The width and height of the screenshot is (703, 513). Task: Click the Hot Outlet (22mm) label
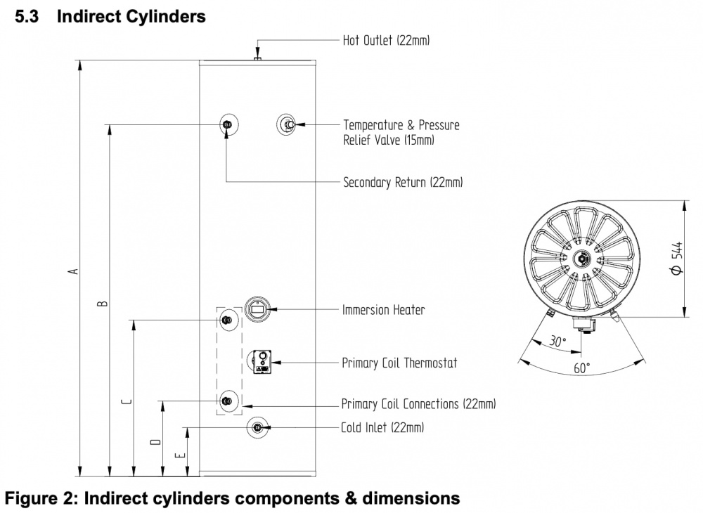click(x=386, y=40)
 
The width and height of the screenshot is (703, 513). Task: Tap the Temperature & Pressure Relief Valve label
click(x=401, y=132)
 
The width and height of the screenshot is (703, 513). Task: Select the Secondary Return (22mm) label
click(x=402, y=183)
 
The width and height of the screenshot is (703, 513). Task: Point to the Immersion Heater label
click(x=383, y=309)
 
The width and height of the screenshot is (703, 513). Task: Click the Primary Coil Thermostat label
click(x=399, y=363)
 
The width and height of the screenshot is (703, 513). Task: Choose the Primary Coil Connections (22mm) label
click(x=418, y=404)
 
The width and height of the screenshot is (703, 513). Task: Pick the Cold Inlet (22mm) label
click(x=382, y=427)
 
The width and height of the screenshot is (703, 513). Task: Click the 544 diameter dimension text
click(x=675, y=259)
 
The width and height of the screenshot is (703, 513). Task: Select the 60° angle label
click(x=581, y=368)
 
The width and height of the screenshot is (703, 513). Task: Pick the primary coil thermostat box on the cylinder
click(x=262, y=363)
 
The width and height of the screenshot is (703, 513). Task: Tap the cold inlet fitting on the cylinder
click(x=257, y=427)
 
